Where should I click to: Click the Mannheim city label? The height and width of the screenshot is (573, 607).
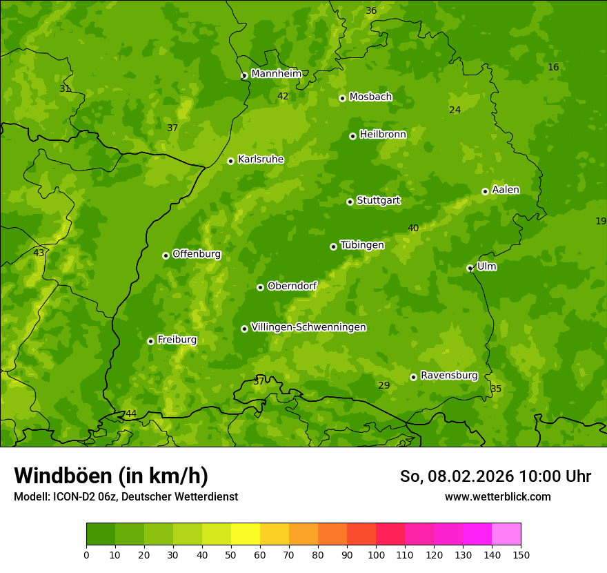click(x=276, y=73)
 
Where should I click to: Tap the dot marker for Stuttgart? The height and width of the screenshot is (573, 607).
click(x=350, y=202)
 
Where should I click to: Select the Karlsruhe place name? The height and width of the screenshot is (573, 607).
click(x=260, y=159)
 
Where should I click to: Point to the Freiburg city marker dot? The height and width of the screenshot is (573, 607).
click(x=150, y=341)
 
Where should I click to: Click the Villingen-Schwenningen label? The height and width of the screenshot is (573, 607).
click(x=308, y=327)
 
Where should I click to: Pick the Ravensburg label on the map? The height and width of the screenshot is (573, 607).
click(x=448, y=376)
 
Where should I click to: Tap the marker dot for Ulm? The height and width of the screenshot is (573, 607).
click(x=470, y=268)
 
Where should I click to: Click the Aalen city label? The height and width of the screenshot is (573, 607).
click(x=506, y=190)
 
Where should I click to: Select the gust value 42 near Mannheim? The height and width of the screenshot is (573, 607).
click(x=283, y=97)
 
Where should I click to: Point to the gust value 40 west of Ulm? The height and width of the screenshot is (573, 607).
click(x=413, y=229)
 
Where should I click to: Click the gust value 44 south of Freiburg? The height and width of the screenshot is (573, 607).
click(x=131, y=414)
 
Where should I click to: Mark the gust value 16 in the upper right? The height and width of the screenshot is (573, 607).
click(x=553, y=67)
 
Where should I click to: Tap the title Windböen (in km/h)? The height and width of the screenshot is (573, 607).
click(x=111, y=476)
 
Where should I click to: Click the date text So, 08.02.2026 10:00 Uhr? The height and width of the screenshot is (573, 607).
click(x=495, y=476)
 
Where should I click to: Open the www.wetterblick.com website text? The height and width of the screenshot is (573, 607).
click(x=497, y=496)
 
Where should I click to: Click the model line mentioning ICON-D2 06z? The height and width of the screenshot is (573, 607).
click(x=126, y=496)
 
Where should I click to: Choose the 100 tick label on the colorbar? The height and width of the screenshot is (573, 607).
click(x=376, y=554)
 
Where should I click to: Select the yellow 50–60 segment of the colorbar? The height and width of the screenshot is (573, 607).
click(x=246, y=534)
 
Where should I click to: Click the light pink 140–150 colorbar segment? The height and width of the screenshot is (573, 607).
click(x=506, y=534)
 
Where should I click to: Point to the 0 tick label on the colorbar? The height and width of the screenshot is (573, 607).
click(x=86, y=554)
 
